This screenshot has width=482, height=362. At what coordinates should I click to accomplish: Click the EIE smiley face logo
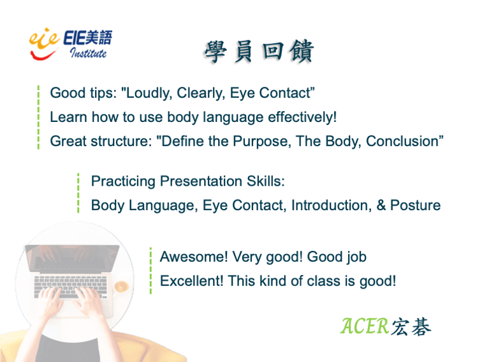43,43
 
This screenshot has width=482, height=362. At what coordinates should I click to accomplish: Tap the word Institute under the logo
88,52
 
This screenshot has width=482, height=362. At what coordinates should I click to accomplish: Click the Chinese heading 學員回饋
259,52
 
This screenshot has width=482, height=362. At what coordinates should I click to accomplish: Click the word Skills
266,181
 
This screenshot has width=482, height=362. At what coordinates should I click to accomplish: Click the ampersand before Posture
381,205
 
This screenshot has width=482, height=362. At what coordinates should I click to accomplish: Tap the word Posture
415,206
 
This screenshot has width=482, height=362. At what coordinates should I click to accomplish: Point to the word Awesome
194,257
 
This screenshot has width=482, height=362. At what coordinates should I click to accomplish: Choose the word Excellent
192,281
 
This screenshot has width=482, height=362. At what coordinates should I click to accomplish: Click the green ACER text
365,326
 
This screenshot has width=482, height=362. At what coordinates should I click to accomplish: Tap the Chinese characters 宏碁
411,327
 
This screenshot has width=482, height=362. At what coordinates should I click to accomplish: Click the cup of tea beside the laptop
121,287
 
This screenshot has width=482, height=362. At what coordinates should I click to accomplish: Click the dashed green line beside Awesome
150,271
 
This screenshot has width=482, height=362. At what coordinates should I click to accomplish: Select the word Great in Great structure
68,141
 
